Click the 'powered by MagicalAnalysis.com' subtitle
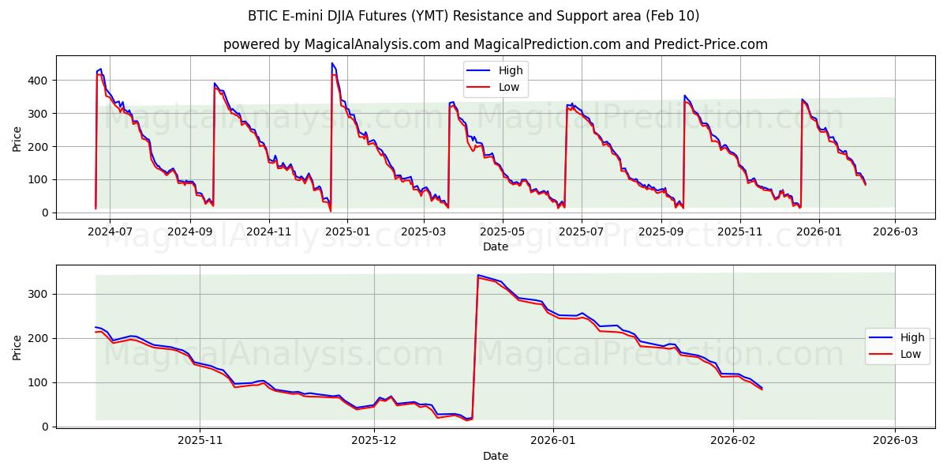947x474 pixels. pyautogui.click(x=496, y=44)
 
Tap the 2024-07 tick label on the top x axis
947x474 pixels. pyautogui.click(x=109, y=232)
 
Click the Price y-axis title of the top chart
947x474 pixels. pyautogui.click(x=17, y=139)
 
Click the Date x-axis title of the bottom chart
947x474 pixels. pyautogui.click(x=496, y=456)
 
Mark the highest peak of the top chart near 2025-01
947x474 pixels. pyautogui.click(x=332, y=63)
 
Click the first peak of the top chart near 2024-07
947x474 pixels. pyautogui.click(x=100, y=70)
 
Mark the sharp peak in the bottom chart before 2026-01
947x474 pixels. pyautogui.click(x=478, y=275)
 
